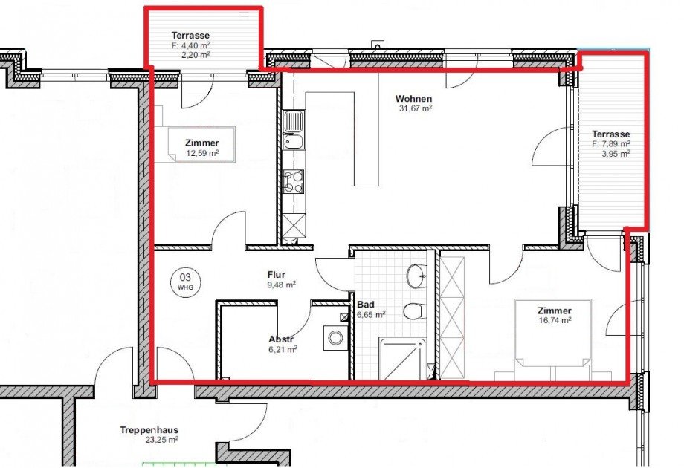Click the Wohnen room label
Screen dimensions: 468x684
click(x=413, y=98)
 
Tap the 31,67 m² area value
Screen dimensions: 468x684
click(x=416, y=108)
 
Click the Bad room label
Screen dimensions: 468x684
click(x=365, y=305)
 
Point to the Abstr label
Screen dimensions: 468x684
click(x=282, y=339)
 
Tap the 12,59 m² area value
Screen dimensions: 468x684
click(x=203, y=154)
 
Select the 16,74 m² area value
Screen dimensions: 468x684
click(x=555, y=321)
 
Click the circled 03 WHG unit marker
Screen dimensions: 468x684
click(x=184, y=279)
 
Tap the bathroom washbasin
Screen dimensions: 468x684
click(x=416, y=276)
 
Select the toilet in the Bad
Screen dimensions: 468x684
click(x=414, y=311)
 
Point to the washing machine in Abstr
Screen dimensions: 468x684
click(x=335, y=339)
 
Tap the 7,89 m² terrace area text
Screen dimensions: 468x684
click(x=611, y=144)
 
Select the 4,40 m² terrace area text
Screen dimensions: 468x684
click(x=190, y=45)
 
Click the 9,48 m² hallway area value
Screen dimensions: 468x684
click(x=281, y=284)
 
